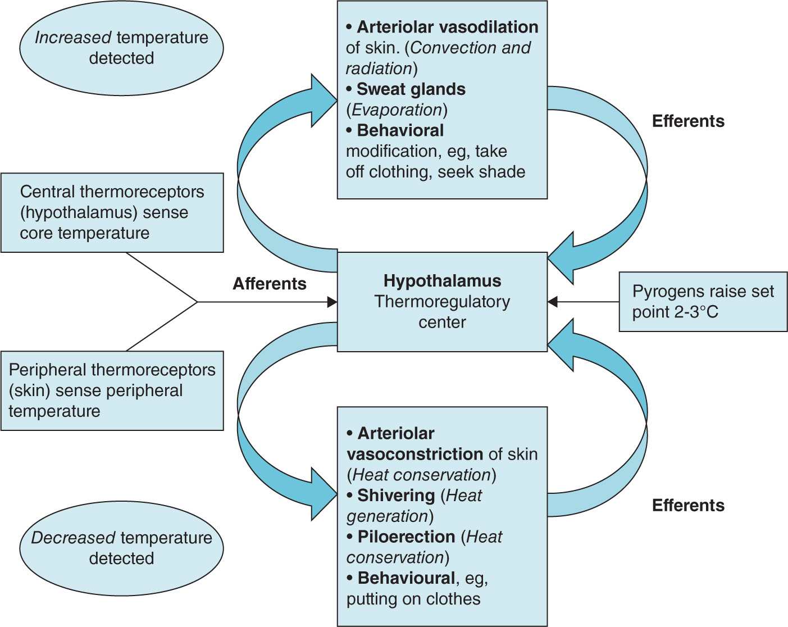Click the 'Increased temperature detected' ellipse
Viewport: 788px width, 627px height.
(x=121, y=48)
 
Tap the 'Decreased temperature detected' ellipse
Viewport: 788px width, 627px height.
(x=121, y=548)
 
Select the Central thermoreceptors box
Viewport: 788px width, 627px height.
(x=112, y=212)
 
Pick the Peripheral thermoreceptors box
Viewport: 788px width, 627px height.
(x=112, y=390)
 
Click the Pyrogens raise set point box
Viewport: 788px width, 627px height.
(x=703, y=302)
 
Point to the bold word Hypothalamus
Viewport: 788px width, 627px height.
(x=442, y=281)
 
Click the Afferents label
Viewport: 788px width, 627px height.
(x=270, y=284)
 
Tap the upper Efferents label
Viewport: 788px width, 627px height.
(x=688, y=121)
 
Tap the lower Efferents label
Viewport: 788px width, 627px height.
(x=688, y=506)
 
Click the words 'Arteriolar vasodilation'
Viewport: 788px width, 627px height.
(x=448, y=27)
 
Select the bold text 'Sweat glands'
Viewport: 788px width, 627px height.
(x=411, y=89)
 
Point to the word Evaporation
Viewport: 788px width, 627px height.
(x=397, y=110)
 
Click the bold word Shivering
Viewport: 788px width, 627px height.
(x=396, y=496)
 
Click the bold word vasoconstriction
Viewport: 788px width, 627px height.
(x=415, y=454)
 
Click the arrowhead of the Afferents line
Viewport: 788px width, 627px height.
(x=332, y=302)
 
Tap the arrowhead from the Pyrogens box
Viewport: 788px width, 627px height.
(x=553, y=302)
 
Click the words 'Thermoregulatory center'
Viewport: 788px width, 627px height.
(x=442, y=312)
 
